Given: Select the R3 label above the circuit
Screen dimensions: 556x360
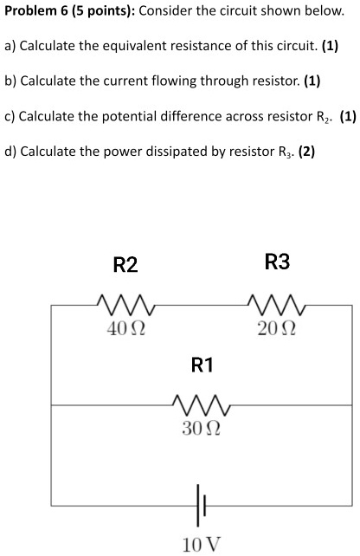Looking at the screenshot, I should [x=277, y=262].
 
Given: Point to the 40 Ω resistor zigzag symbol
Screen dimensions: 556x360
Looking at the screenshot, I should [x=125, y=304].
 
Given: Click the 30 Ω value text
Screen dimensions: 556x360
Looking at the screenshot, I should [x=200, y=428].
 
